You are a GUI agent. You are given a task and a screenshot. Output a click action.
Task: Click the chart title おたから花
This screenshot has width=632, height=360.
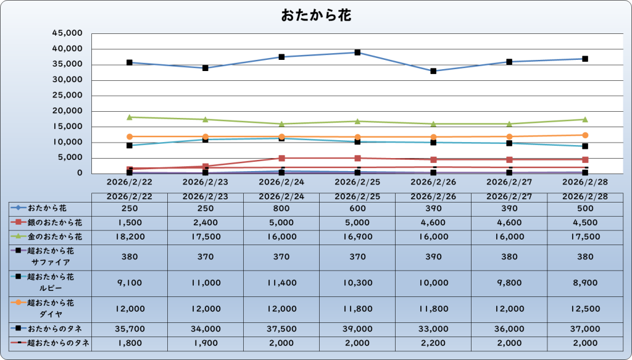point(316,15)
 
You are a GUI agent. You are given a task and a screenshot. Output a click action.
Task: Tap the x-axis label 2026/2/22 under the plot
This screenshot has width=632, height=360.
point(130,182)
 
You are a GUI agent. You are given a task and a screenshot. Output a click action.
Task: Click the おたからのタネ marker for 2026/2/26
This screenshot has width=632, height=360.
point(433,71)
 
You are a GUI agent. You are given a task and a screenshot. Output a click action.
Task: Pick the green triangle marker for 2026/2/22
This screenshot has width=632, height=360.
point(130,117)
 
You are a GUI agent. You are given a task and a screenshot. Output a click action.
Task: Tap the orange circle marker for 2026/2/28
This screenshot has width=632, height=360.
point(585,135)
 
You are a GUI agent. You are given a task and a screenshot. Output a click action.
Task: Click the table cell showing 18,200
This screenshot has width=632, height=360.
point(130,237)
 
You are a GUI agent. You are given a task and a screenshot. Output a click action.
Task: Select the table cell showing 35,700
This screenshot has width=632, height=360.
point(130,329)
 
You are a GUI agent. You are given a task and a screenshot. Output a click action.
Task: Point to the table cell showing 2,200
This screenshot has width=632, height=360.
point(433,343)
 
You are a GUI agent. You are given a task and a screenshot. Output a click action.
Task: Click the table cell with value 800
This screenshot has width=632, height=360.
point(281,209)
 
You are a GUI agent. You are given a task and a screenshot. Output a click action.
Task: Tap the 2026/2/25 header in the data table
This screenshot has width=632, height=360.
point(357,196)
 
